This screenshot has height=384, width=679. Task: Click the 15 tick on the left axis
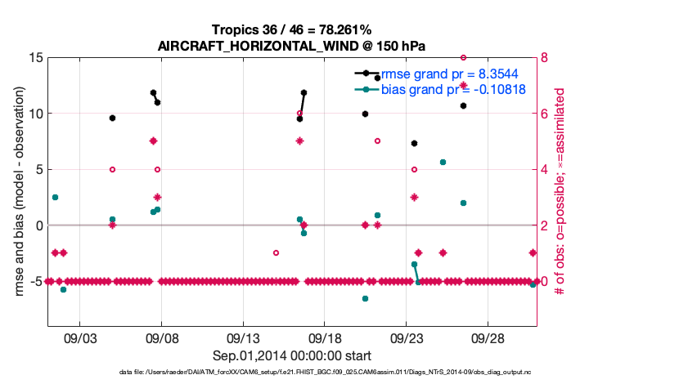tap(34, 58)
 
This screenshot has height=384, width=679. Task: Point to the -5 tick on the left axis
tap(33, 281)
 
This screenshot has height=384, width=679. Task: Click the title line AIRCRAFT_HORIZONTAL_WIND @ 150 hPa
tap(291, 46)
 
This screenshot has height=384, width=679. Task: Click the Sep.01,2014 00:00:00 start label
tap(291, 355)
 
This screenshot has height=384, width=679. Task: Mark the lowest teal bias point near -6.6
tap(365, 298)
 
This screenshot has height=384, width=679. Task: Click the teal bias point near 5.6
tap(443, 163)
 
